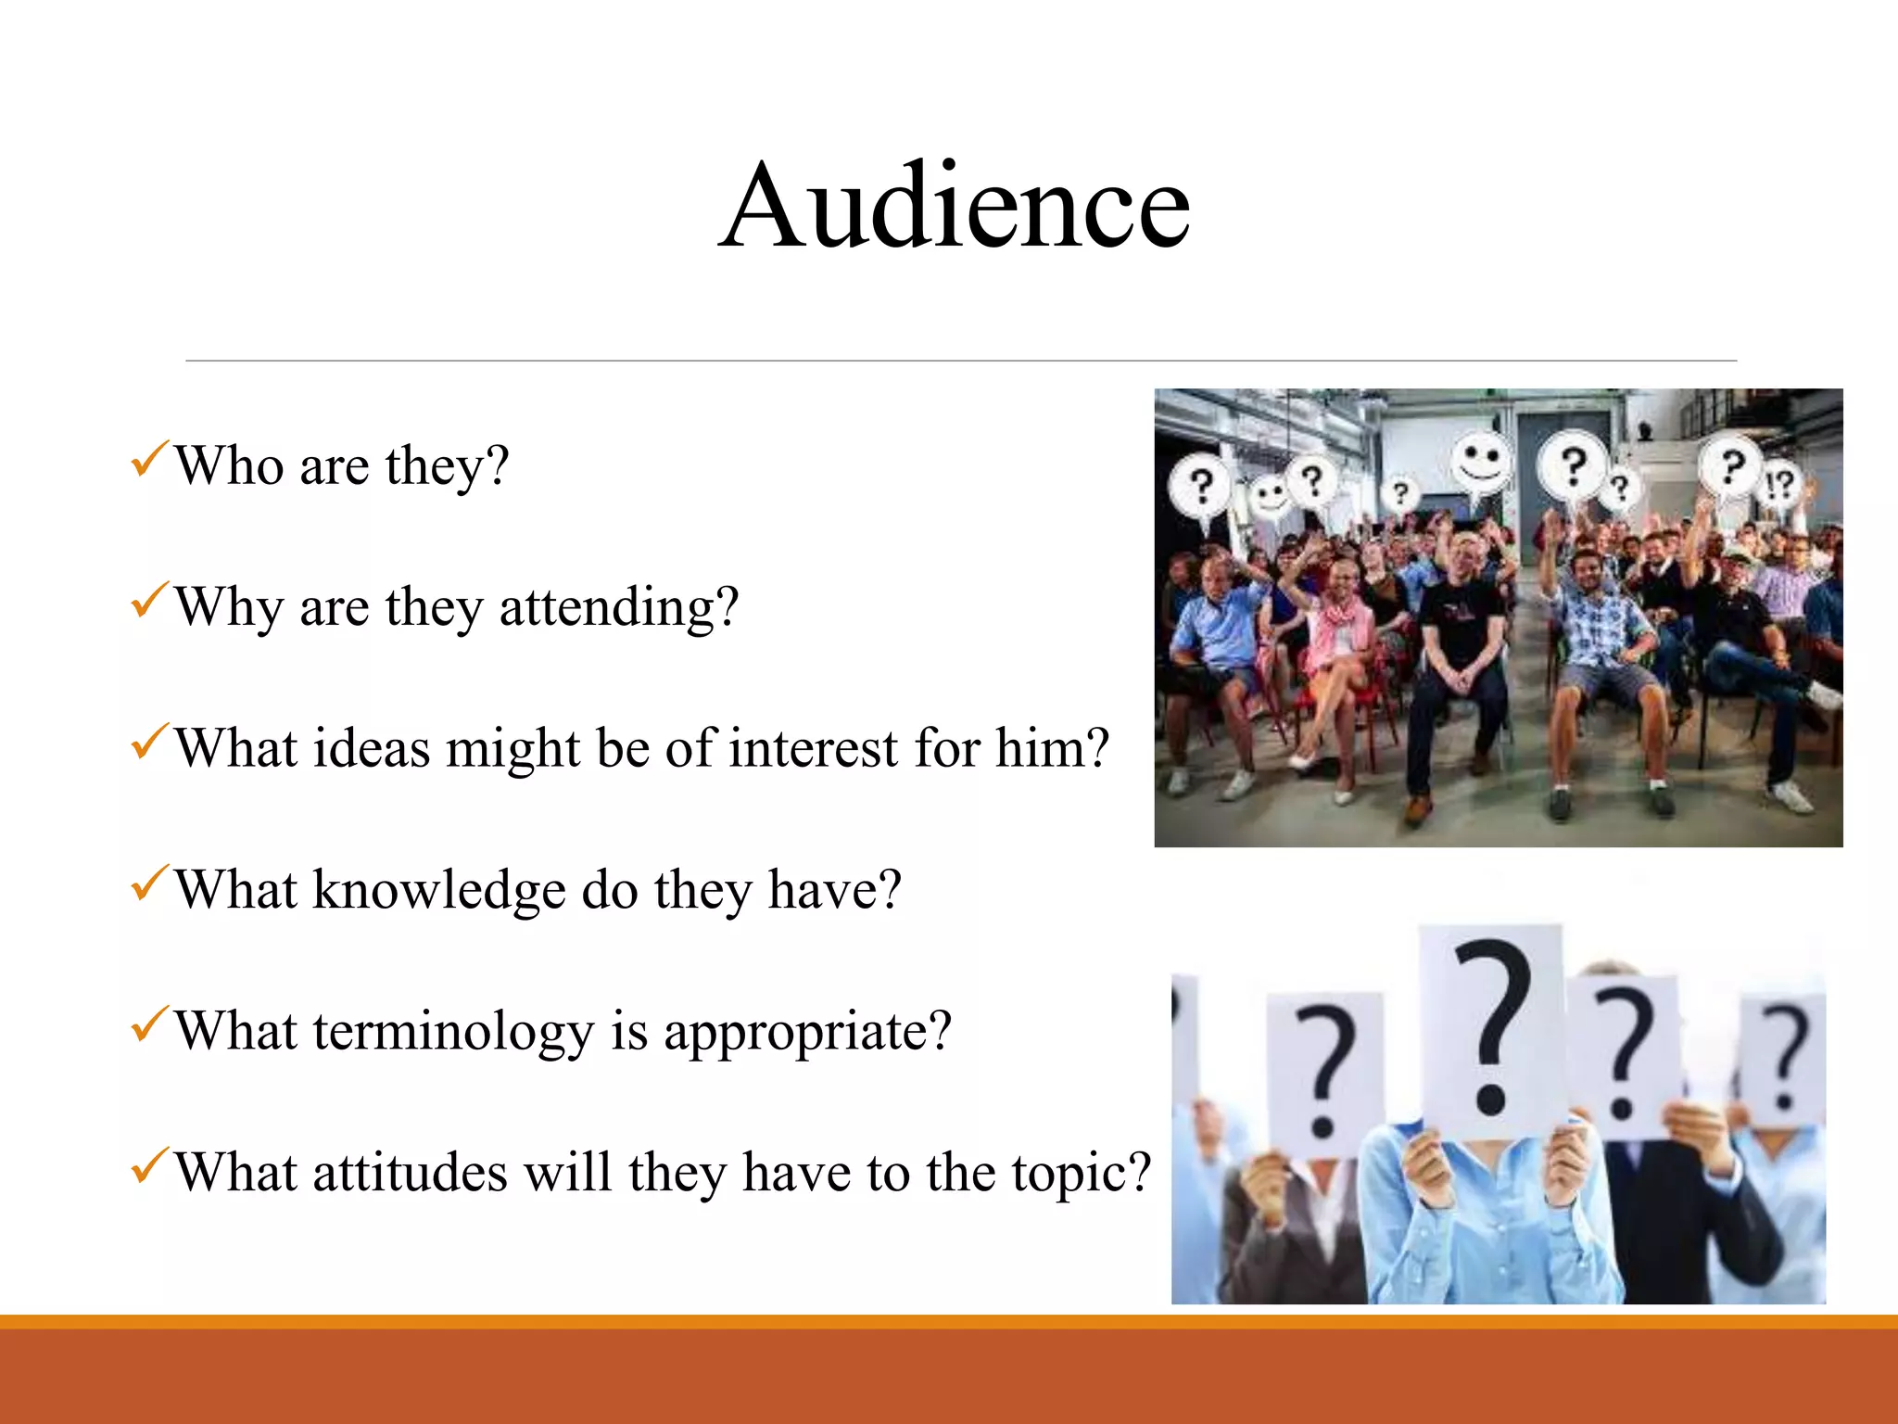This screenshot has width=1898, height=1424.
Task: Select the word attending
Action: click(x=618, y=607)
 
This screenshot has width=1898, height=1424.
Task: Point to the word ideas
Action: click(x=371, y=748)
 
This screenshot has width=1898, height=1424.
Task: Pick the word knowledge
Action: click(x=438, y=890)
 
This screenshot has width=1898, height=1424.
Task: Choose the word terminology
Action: click(x=452, y=1031)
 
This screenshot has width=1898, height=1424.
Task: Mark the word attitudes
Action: click(x=410, y=1173)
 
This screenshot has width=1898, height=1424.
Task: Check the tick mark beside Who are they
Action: click(x=149, y=459)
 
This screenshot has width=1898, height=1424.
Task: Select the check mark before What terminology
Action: click(x=149, y=1024)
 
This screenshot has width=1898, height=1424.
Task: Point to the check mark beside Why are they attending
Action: click(x=149, y=601)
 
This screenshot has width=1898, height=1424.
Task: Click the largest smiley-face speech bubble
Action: click(x=1480, y=461)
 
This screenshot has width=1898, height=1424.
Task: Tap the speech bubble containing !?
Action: click(x=1779, y=484)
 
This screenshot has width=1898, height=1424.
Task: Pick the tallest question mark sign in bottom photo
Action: click(x=1491, y=1029)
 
